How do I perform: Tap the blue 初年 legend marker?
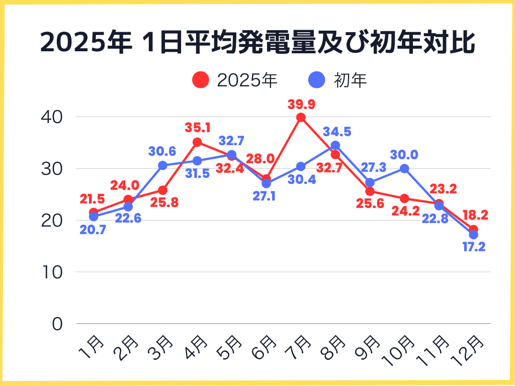coord(316,80)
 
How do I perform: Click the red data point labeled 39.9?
coord(301,118)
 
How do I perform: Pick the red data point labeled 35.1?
coord(197,142)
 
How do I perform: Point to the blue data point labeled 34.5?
coord(335,146)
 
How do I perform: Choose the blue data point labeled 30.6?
coord(162,165)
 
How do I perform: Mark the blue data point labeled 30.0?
coord(404,168)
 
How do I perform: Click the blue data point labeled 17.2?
coord(473,235)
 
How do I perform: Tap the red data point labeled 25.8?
coord(162,190)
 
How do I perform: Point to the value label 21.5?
coord(93,199)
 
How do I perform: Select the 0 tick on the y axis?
coord(57,324)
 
